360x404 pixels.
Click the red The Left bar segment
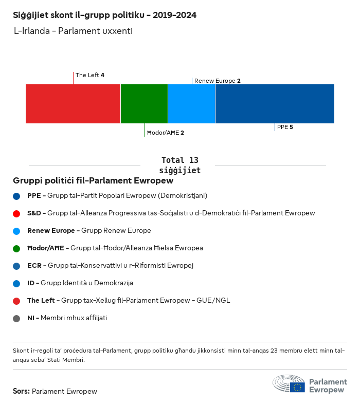[73, 104]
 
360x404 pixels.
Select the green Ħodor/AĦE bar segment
[144, 104]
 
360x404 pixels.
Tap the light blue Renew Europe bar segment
[191, 104]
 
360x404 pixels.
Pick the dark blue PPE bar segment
[275, 104]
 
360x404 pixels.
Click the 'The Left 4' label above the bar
[90, 75]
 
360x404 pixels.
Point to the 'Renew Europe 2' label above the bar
[218, 81]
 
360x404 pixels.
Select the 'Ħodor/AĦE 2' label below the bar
[166, 133]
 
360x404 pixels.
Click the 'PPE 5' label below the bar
[285, 127]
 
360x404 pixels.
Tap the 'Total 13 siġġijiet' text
[179, 165]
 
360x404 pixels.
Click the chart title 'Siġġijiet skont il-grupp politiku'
[104, 15]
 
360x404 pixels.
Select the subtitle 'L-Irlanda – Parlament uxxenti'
[74, 31]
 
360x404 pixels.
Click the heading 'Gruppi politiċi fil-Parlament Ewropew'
[93, 181]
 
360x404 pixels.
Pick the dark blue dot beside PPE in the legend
[17, 196]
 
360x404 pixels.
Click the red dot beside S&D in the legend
[17, 213]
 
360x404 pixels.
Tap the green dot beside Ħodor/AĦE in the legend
[17, 248]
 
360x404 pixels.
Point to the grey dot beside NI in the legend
[17, 318]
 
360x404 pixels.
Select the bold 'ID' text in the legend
[31, 283]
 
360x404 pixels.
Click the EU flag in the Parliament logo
[297, 387]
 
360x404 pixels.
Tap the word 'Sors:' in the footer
[21, 391]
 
